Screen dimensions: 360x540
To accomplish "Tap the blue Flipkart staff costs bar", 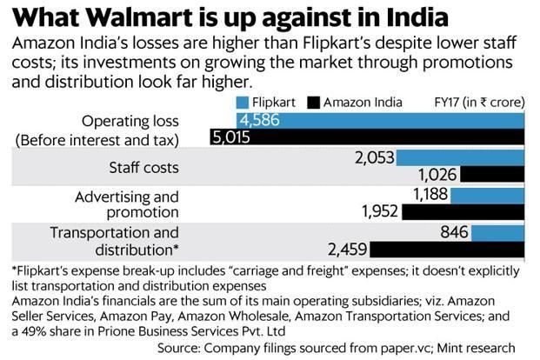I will pyautogui.click(x=461, y=157).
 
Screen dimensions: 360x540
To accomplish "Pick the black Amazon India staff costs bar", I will pyautogui.click(x=493, y=174).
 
